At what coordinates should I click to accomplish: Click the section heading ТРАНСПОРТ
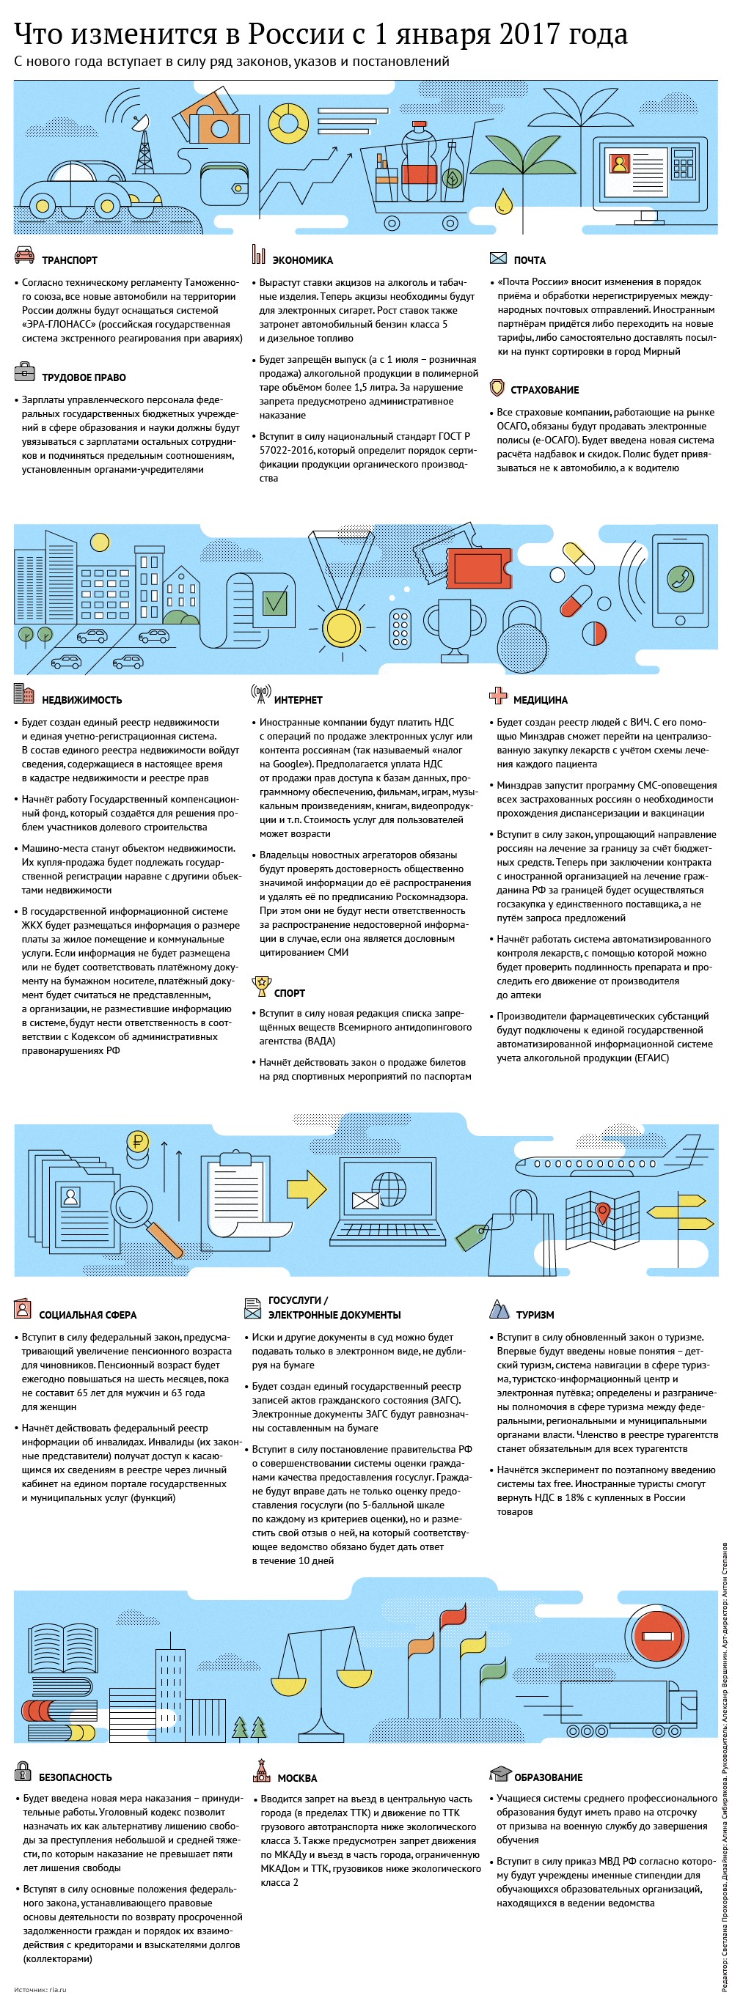pos(70,260)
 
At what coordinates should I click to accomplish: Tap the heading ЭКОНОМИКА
pos(302,260)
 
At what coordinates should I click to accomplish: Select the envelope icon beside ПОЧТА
pos(498,258)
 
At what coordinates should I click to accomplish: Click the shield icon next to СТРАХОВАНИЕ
pos(497,388)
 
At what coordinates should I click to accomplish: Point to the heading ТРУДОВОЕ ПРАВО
pos(84,377)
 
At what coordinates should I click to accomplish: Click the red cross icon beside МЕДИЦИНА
pos(498,696)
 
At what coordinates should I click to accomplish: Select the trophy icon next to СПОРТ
pos(260,987)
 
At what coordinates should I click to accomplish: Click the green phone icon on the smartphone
pos(681,578)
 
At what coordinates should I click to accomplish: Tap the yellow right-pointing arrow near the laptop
pos(307,1188)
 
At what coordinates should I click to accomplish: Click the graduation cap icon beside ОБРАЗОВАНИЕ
pos(499,1774)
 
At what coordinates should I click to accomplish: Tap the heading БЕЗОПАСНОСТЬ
pos(76,1777)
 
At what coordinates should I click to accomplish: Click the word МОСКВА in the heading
pos(297,1778)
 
